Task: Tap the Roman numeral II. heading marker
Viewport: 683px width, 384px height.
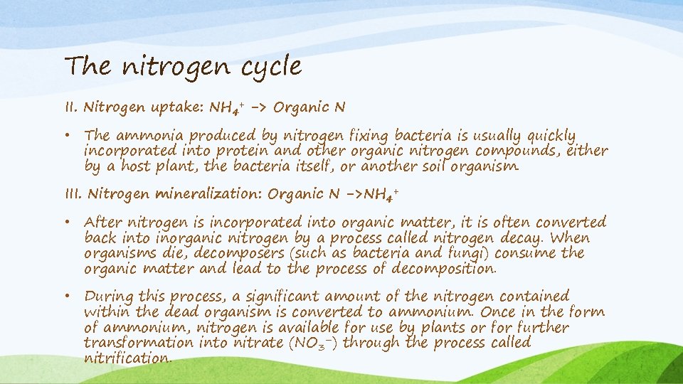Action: point(71,107)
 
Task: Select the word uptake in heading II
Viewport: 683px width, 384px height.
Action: point(177,108)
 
